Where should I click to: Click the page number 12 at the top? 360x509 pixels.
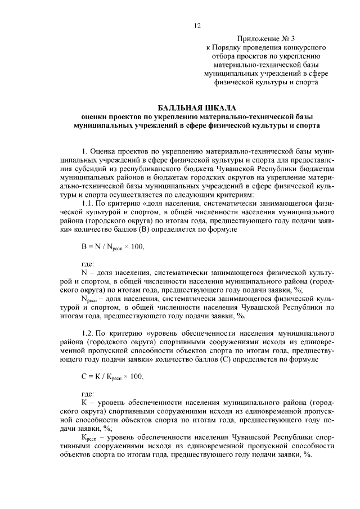pos(197,26)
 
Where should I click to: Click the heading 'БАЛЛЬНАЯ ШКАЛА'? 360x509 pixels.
pos(197,107)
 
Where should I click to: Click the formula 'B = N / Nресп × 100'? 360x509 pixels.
pos(116,246)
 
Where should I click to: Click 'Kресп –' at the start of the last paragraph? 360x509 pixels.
pos(94,437)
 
